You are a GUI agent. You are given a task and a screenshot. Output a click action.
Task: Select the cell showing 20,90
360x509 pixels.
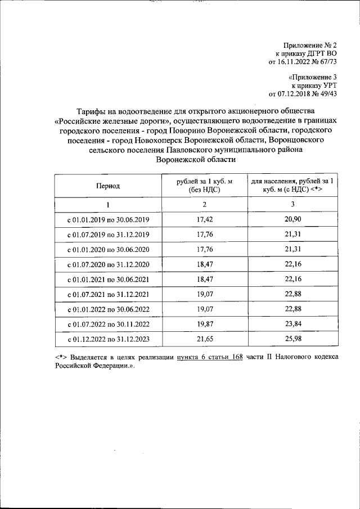pyautogui.click(x=294, y=219)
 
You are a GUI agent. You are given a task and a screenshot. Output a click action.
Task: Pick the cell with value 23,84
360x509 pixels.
pyautogui.click(x=294, y=325)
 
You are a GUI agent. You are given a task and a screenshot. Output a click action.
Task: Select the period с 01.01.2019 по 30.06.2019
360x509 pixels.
pyautogui.click(x=108, y=219)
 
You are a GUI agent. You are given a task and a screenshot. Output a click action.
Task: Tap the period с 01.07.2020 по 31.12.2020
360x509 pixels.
pyautogui.click(x=108, y=264)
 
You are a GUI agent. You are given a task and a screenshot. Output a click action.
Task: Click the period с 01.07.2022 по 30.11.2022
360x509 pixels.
pyautogui.click(x=108, y=325)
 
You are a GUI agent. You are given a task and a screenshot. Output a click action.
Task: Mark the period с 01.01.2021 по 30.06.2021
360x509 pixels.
pyautogui.click(x=108, y=280)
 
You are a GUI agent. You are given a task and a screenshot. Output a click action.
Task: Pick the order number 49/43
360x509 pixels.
pyautogui.click(x=326, y=94)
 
